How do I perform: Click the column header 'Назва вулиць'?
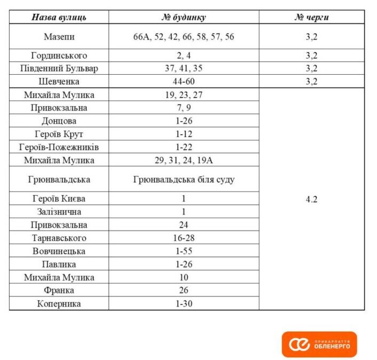tap(59, 17)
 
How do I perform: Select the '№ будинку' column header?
tap(183, 17)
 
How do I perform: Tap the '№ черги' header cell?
tap(311, 17)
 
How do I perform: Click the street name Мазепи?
tap(59, 37)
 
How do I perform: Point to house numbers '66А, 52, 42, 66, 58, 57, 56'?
tap(183, 37)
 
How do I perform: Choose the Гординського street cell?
tap(59, 55)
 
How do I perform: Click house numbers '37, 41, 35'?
tap(183, 68)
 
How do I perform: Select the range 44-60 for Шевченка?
tap(183, 82)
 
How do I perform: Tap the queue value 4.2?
tap(311, 199)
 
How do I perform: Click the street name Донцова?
tap(59, 121)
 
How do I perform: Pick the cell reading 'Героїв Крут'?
tap(59, 134)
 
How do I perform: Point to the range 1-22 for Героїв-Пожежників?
tap(183, 147)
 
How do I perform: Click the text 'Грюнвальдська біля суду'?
tap(183, 180)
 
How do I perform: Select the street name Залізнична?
tap(59, 212)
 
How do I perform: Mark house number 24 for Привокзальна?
tap(183, 225)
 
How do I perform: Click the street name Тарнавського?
tap(59, 238)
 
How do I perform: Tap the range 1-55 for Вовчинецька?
tap(183, 251)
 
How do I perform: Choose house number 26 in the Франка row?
tap(183, 291)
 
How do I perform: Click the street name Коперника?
tap(59, 303)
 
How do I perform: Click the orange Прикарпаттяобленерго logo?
tap(319, 345)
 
